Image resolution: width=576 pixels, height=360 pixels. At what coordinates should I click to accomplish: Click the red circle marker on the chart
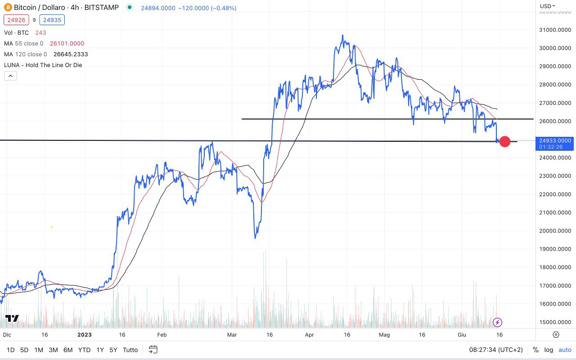click(x=505, y=141)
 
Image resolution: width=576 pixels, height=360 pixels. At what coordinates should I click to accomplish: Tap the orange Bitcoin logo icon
click(x=8, y=7)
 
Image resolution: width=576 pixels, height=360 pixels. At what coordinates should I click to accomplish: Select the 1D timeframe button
click(x=10, y=350)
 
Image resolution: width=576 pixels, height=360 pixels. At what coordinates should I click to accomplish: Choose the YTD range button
click(x=84, y=350)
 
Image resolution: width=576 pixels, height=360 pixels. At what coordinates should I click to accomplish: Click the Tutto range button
click(x=130, y=350)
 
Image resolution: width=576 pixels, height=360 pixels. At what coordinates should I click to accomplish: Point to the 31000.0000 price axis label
click(x=555, y=30)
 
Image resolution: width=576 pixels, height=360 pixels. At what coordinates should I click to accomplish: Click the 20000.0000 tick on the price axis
click(x=555, y=231)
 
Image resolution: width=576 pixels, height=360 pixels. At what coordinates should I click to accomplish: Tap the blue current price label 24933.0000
click(x=555, y=141)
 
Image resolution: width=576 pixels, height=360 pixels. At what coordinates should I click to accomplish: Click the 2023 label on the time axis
click(x=85, y=335)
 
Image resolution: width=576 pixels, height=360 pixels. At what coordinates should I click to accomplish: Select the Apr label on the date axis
click(x=309, y=335)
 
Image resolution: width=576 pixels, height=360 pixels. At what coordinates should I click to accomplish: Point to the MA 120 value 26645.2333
click(x=70, y=54)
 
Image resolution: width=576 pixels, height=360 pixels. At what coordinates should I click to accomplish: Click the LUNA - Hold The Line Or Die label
click(x=43, y=65)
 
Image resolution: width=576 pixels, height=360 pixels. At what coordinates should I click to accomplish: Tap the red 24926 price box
click(x=16, y=20)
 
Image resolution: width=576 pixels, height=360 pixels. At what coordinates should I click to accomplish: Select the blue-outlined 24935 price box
click(x=52, y=20)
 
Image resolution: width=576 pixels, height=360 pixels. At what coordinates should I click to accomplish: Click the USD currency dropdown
click(x=548, y=6)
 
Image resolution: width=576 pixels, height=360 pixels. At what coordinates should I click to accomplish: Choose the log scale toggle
click(x=549, y=350)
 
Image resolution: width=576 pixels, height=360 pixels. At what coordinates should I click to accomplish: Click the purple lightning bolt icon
click(x=497, y=322)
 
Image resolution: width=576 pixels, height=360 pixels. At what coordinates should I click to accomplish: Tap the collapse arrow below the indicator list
click(x=10, y=76)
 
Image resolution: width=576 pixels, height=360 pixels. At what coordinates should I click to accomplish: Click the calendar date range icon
click(x=153, y=350)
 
